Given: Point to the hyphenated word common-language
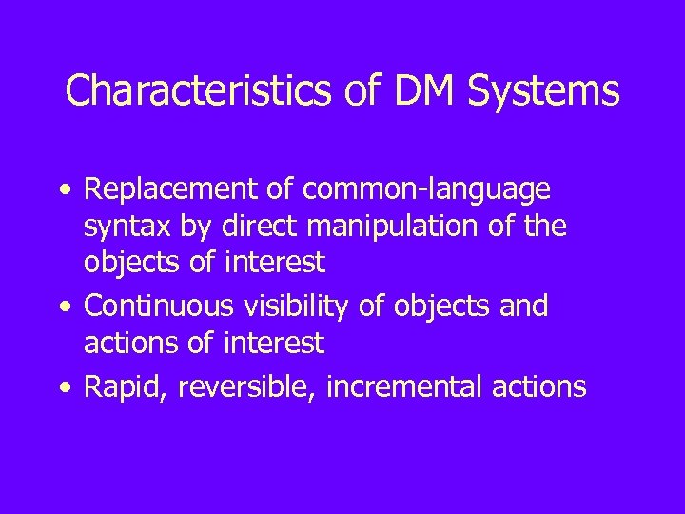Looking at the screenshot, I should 426,190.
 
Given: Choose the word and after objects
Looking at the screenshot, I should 525,306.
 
